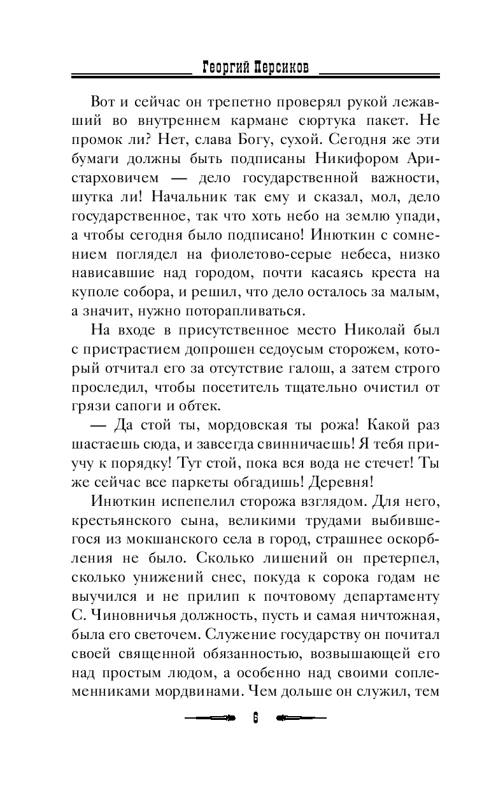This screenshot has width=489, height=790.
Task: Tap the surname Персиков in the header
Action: point(281,67)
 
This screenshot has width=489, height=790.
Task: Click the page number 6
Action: point(255,717)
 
